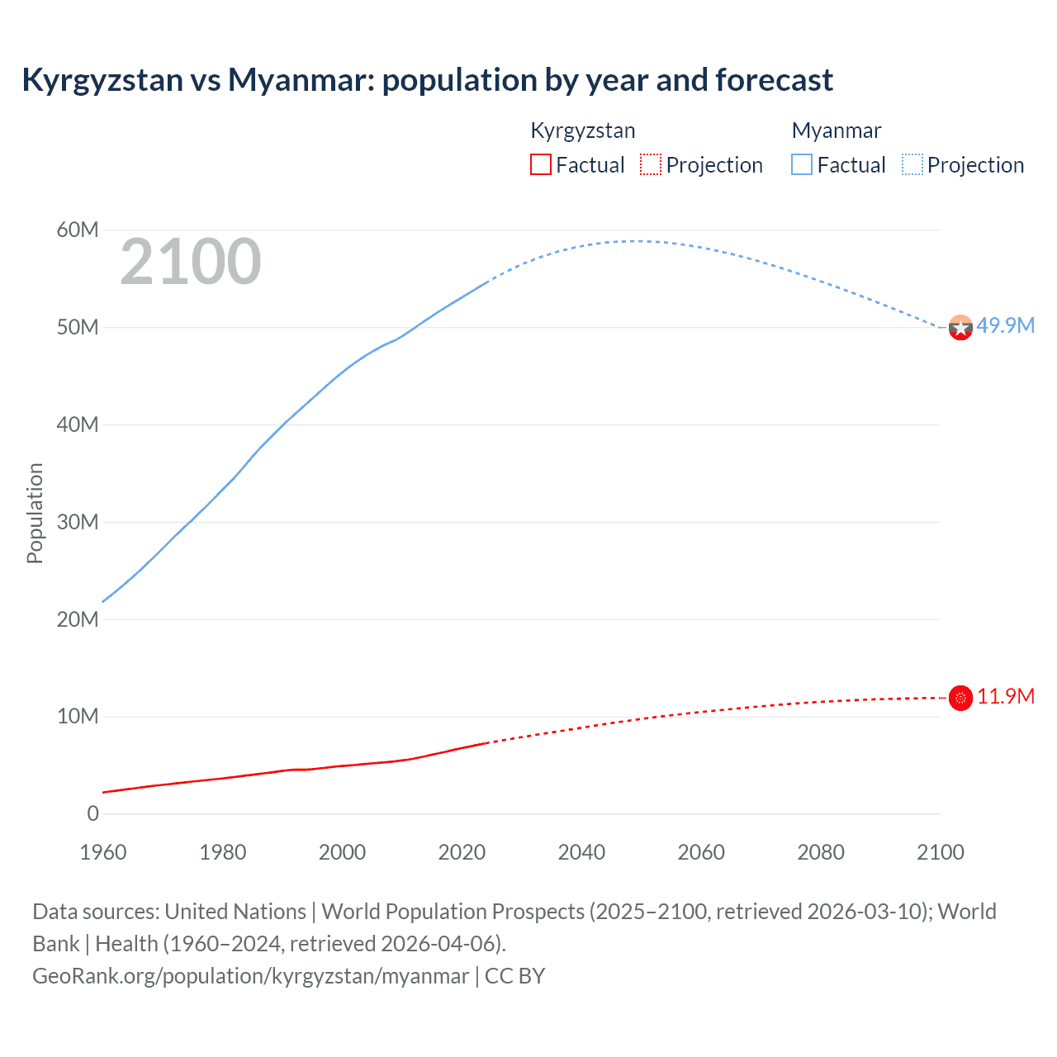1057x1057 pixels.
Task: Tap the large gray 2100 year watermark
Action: [191, 263]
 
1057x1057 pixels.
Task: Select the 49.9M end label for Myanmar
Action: [1005, 325]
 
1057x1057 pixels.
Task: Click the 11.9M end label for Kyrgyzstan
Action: [1005, 696]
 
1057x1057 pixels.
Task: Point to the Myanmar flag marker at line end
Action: [960, 328]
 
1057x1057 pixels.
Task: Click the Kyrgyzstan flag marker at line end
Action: [960, 698]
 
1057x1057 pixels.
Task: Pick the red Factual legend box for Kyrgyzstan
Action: [540, 165]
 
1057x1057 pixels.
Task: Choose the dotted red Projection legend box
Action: [651, 165]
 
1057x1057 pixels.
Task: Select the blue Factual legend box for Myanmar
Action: [801, 165]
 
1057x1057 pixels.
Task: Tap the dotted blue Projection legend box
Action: [912, 165]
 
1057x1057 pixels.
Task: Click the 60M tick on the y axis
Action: [78, 230]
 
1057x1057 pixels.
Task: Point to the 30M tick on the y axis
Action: [78, 522]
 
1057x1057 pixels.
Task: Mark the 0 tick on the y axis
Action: [92, 813]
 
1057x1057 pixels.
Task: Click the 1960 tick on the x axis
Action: [103, 852]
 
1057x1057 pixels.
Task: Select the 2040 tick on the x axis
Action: [581, 852]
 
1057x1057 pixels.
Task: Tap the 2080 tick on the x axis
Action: [821, 852]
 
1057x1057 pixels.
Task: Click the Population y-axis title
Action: [35, 513]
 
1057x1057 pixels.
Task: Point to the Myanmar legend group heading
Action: [836, 130]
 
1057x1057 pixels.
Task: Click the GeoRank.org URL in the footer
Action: [250, 976]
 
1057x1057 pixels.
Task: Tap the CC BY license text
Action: [515, 976]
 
